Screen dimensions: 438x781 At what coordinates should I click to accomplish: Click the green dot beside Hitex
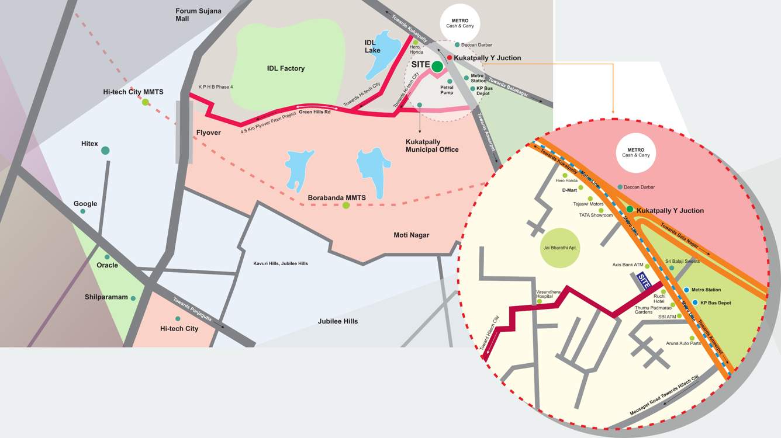click(105, 151)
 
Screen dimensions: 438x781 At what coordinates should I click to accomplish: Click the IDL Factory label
click(286, 68)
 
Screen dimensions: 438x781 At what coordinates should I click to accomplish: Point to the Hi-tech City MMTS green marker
click(146, 102)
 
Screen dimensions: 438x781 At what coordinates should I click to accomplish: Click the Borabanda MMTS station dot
click(346, 205)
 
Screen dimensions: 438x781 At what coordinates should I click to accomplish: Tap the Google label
click(85, 204)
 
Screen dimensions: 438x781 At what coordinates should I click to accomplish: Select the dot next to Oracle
click(107, 257)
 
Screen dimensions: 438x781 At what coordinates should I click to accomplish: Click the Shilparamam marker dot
click(133, 298)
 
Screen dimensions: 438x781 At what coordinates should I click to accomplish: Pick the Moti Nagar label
click(411, 235)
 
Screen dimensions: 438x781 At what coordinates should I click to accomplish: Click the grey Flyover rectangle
click(184, 132)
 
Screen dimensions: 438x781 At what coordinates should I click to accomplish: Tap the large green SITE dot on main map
click(437, 67)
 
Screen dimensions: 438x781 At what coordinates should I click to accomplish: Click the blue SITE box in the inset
click(644, 281)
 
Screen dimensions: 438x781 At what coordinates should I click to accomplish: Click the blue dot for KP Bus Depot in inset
click(695, 302)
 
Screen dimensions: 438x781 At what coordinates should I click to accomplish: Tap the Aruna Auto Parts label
click(683, 343)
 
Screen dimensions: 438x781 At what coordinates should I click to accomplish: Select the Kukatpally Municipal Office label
click(432, 145)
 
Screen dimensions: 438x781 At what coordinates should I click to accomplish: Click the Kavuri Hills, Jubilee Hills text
click(281, 263)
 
